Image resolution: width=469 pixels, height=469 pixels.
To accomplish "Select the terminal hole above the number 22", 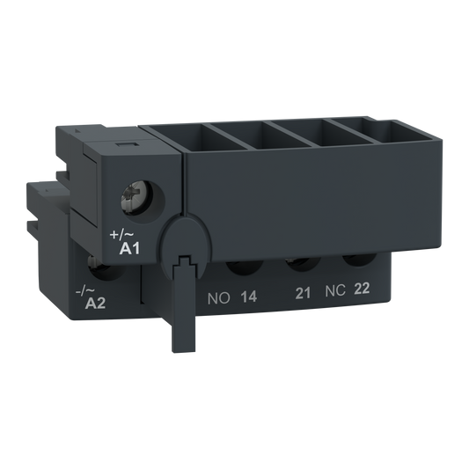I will click(x=356, y=261).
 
